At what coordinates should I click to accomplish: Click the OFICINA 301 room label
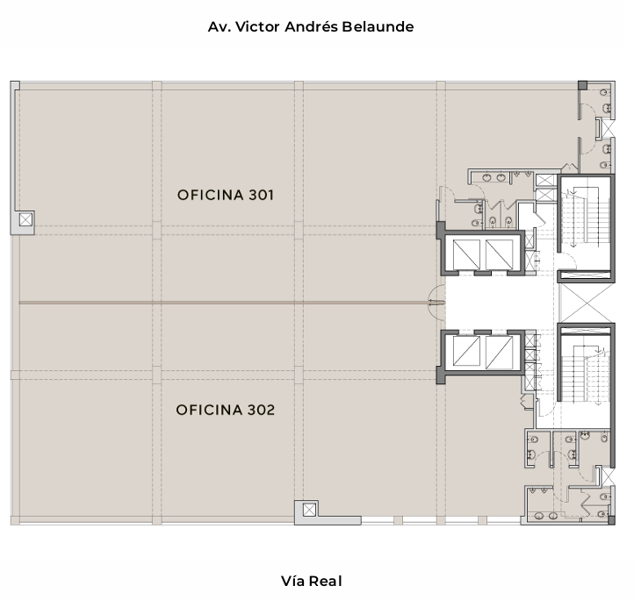(x=225, y=195)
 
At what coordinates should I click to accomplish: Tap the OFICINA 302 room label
(x=225, y=411)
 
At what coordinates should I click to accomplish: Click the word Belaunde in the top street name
(x=378, y=26)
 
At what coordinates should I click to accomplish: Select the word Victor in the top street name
(x=257, y=26)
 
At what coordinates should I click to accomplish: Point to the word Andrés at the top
(x=311, y=26)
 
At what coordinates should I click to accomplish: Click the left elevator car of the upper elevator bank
(x=466, y=254)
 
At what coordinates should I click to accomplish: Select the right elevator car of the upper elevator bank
(x=500, y=254)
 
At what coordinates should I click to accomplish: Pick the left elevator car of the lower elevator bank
(x=466, y=353)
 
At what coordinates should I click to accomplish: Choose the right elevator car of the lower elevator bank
(x=500, y=353)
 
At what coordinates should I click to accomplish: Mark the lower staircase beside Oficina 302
(x=586, y=375)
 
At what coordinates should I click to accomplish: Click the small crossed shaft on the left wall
(x=25, y=220)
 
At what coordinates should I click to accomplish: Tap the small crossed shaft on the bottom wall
(x=309, y=510)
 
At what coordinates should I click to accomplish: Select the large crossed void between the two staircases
(x=587, y=303)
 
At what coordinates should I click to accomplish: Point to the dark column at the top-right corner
(x=582, y=85)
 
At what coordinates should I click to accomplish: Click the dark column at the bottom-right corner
(x=612, y=520)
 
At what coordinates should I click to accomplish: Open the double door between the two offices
(x=436, y=303)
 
